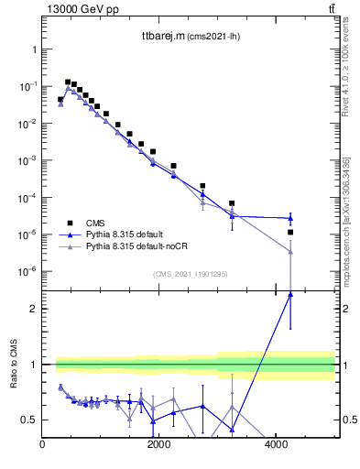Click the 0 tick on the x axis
(x=43, y=445)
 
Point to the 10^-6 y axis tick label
(x=26, y=272)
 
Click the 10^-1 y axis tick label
(x=26, y=86)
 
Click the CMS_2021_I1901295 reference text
(x=190, y=274)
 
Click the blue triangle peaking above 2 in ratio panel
(x=290, y=294)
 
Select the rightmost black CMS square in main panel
(x=290, y=233)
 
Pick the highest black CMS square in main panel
(x=68, y=82)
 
